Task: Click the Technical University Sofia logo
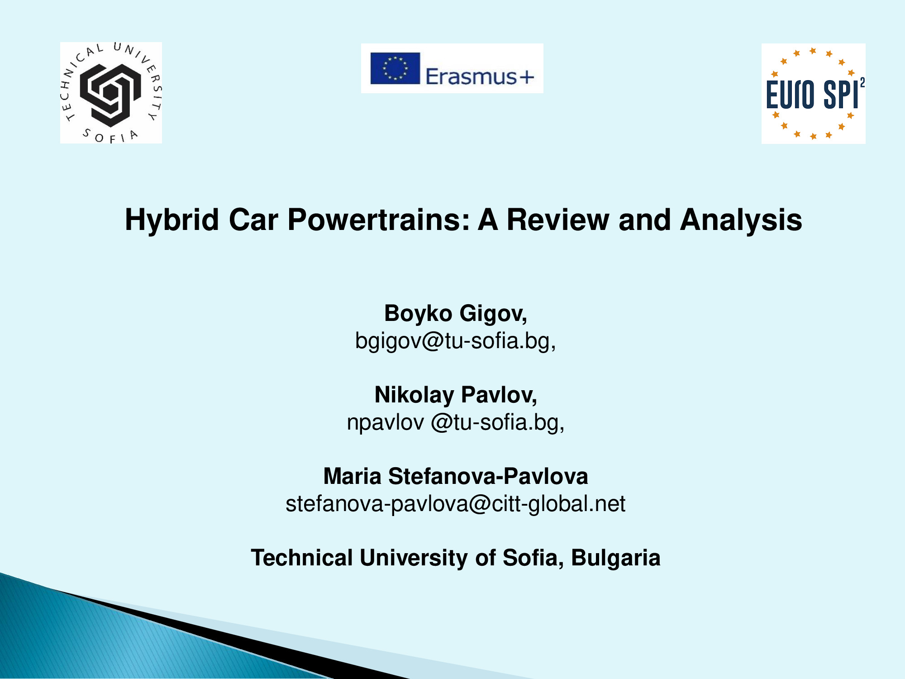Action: point(111,93)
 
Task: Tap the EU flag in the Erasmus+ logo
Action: point(395,68)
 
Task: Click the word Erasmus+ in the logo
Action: point(480,77)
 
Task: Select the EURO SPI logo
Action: point(813,94)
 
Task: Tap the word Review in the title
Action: point(558,220)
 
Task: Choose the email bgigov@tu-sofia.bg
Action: point(455,341)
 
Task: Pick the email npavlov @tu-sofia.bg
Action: point(455,422)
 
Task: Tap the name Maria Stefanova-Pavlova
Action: point(456,476)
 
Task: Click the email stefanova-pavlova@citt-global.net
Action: point(455,504)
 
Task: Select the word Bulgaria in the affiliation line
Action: point(615,558)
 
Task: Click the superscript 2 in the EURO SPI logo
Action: point(862,83)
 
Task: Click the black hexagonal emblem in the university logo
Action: point(111,95)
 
